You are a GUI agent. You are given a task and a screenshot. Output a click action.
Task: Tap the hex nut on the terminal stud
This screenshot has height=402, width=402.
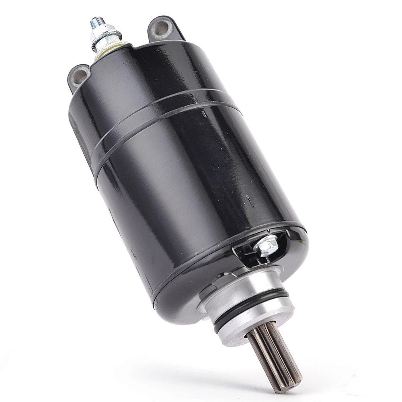click(102, 36)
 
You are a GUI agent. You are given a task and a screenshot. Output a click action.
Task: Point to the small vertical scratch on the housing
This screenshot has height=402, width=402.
click(250, 201)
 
